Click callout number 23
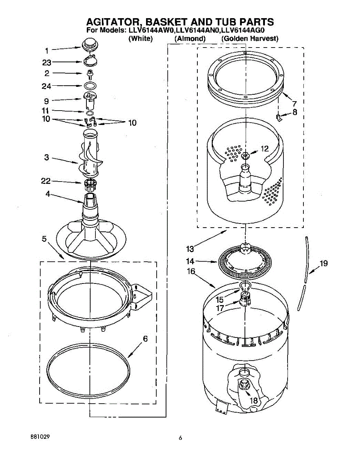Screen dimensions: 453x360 point(47,63)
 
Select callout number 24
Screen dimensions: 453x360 point(46,86)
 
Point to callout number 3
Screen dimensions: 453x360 point(46,157)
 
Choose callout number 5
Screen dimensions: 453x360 point(44,239)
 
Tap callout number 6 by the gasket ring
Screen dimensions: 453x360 point(145,339)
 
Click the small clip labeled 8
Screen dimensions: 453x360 point(279,118)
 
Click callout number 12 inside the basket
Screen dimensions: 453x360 point(265,149)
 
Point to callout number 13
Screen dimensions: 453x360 point(190,249)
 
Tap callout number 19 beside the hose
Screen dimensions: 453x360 point(323,263)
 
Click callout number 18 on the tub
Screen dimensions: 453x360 point(254,401)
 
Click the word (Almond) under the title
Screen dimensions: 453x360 point(190,39)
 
